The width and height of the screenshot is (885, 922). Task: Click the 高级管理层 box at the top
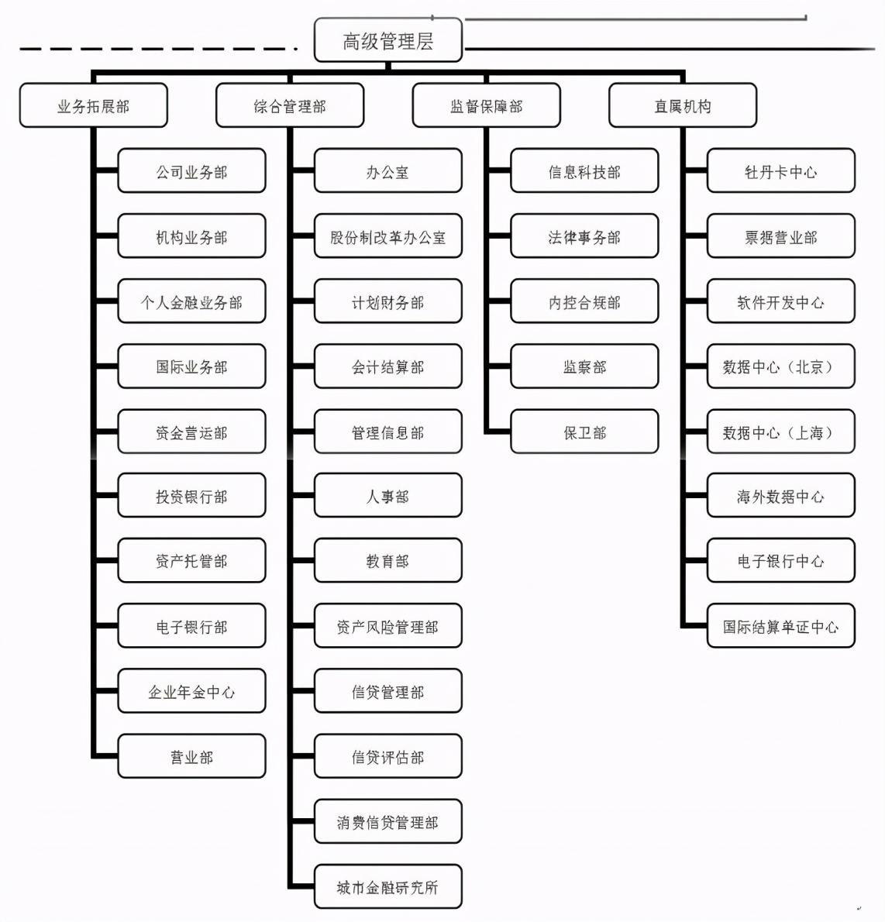[387, 41]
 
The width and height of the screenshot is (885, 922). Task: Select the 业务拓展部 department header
[93, 106]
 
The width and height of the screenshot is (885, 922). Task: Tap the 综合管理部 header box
[290, 106]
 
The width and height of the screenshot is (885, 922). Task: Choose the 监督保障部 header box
[486, 106]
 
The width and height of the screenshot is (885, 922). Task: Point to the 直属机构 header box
[682, 106]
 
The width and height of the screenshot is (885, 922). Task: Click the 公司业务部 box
[191, 171]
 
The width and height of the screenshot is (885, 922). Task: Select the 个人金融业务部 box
[191, 301]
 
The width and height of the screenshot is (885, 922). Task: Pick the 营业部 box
[191, 756]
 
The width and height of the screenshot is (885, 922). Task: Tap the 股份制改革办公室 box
[387, 236]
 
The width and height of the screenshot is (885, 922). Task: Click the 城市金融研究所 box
[387, 886]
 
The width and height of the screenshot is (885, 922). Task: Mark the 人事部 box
[387, 496]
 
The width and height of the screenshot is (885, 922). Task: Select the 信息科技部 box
[584, 171]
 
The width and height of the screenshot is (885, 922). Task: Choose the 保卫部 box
[584, 432]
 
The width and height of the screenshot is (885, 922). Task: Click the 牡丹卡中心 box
[780, 171]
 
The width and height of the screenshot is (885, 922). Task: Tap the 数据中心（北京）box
[780, 366]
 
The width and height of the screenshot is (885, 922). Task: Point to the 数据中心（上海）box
[780, 432]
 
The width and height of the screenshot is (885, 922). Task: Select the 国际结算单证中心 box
[780, 626]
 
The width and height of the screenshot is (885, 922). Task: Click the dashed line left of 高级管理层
[155, 49]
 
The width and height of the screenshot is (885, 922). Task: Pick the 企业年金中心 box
[191, 691]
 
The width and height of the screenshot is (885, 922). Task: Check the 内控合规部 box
[584, 301]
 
